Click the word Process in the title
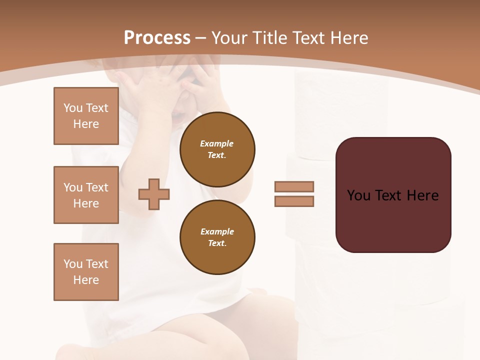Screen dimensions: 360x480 point(157,38)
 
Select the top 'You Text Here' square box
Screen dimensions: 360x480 point(86,116)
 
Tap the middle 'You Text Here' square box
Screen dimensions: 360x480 point(86,195)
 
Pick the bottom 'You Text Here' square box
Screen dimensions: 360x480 point(86,272)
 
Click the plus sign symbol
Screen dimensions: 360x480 point(154,194)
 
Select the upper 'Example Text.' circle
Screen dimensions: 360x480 point(217,149)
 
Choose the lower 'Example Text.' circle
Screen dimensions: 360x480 point(217,237)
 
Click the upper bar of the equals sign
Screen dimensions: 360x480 point(294,186)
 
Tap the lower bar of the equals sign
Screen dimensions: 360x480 point(294,201)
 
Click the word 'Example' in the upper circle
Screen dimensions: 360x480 point(216,143)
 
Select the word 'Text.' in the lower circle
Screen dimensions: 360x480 point(217,243)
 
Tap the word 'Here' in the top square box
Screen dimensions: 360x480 point(86,124)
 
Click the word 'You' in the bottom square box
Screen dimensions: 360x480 point(72,264)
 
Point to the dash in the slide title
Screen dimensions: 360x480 point(201,38)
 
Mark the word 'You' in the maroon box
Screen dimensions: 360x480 point(358,195)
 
